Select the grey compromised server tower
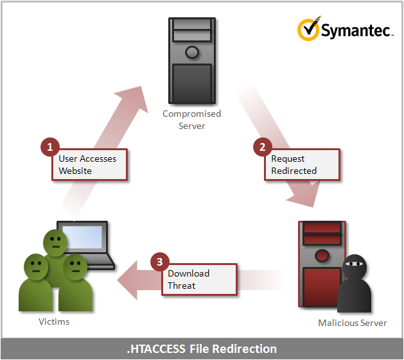[x=191, y=61]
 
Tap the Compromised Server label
[x=191, y=119]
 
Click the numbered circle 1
[x=49, y=146]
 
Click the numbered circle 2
[x=261, y=147]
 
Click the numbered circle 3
[x=159, y=262]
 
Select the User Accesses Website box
[x=89, y=164]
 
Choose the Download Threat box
[x=199, y=279]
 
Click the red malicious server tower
[x=321, y=263]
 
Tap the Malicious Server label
[x=353, y=323]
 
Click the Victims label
[x=54, y=321]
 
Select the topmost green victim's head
[x=56, y=241]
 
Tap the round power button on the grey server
[x=191, y=52]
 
